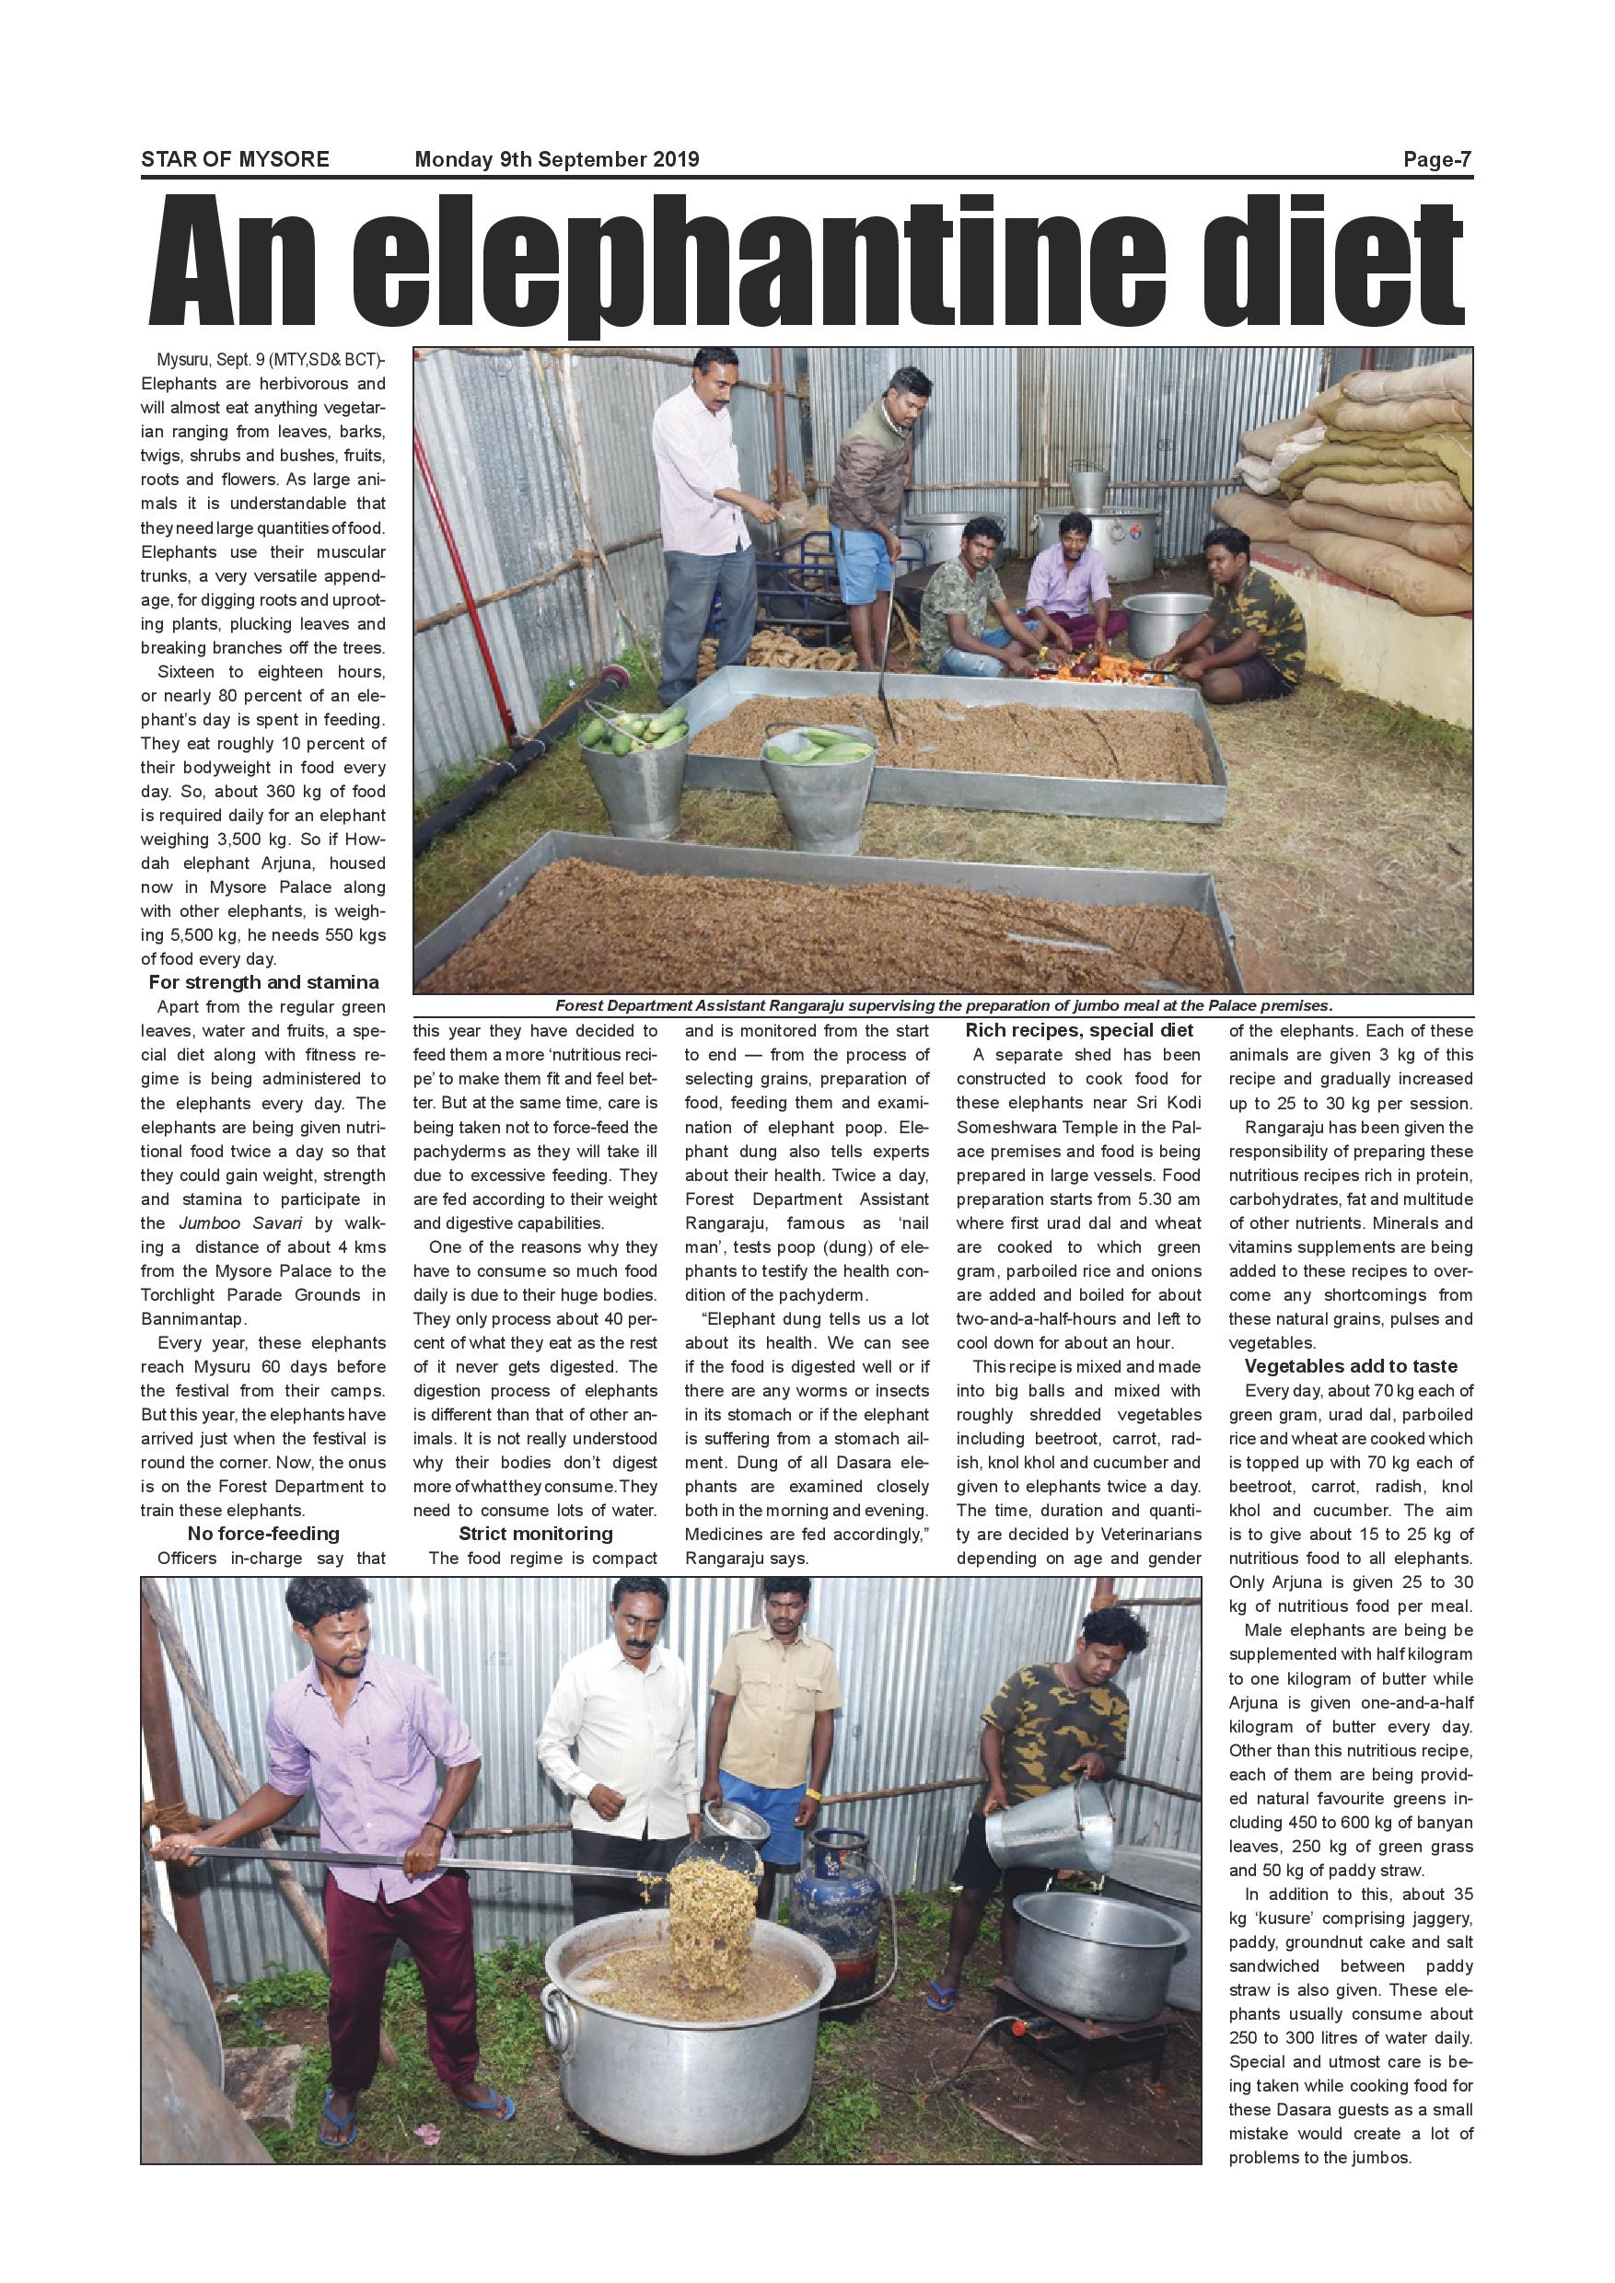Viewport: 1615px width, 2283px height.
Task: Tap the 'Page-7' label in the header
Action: [1436, 159]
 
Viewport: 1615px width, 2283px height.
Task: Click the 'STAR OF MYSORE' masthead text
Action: [235, 159]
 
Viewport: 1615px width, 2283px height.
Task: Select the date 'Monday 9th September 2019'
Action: [556, 159]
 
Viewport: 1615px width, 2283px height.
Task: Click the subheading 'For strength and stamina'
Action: [263, 982]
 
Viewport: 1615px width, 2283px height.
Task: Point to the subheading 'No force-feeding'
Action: [263, 1534]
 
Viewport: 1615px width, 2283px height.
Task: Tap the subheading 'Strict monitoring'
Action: [535, 1534]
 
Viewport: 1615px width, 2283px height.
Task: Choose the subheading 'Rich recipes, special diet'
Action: [1079, 1030]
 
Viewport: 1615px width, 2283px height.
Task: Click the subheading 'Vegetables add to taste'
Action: [1351, 1366]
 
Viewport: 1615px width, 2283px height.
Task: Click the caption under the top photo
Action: [943, 1005]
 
